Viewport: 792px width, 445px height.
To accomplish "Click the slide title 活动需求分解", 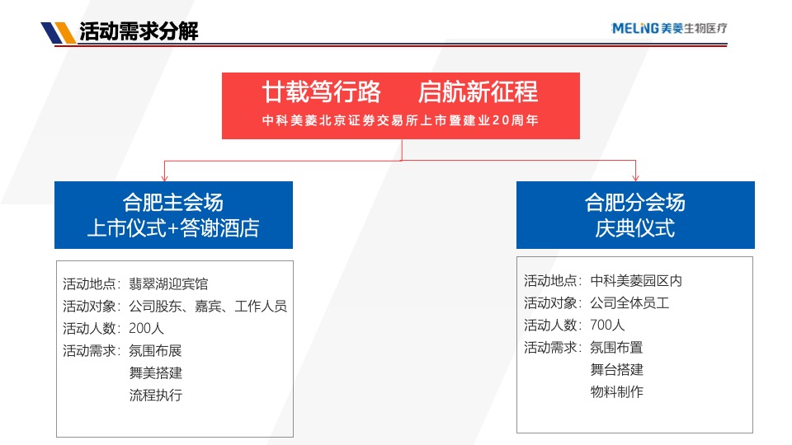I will click(x=138, y=32).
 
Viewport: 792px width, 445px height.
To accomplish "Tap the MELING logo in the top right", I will click(x=669, y=29).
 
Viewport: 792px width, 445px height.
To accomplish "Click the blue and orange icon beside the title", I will click(x=58, y=32).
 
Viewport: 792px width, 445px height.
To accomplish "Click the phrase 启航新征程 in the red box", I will click(x=478, y=91).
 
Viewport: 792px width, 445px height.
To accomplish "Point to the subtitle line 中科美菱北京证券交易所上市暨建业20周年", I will click(x=400, y=120).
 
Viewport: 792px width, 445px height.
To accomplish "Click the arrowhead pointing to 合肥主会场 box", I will click(x=165, y=176).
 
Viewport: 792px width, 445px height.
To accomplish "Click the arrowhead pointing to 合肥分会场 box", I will click(x=635, y=176).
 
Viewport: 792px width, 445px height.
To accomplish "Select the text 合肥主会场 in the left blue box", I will click(x=173, y=202).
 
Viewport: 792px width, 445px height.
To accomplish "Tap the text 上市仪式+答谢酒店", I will click(x=173, y=228).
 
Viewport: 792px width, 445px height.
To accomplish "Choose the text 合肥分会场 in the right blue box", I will click(x=635, y=202).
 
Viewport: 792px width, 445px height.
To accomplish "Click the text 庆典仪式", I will click(x=635, y=228).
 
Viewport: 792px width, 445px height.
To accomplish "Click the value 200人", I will click(x=147, y=329).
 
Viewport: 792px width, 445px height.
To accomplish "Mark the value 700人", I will click(x=608, y=325).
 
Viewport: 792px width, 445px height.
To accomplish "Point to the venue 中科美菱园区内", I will click(x=636, y=280).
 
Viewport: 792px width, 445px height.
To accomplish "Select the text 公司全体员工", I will click(x=629, y=302).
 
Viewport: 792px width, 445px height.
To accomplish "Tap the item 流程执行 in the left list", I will click(x=156, y=395).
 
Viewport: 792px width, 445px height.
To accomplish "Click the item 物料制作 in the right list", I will click(x=617, y=391).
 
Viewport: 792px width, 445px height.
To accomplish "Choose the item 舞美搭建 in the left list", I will click(x=156, y=372).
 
